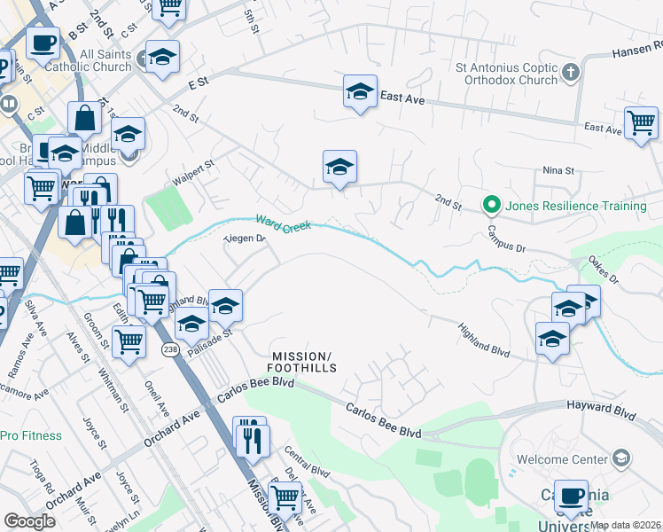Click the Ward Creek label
[285, 225]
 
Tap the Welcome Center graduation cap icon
[622, 458]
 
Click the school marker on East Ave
[359, 91]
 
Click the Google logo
[29, 521]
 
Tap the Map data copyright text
[626, 524]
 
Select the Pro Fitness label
[31, 435]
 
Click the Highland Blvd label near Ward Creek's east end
[483, 340]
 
